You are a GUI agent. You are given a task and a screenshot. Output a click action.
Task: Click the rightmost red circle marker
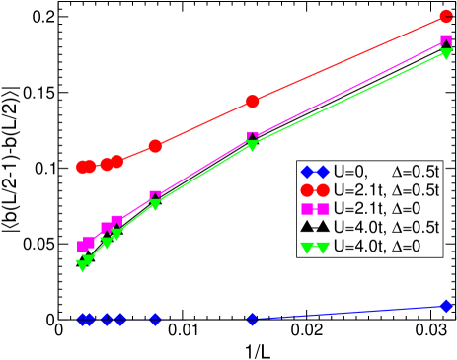446,18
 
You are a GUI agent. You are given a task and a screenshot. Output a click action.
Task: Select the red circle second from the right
253,101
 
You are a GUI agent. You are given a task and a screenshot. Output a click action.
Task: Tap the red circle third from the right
155,146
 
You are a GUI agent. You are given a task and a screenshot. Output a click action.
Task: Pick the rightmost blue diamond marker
446,306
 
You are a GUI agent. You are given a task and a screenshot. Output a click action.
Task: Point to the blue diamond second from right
253,319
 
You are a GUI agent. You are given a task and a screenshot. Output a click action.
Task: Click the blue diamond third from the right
155,320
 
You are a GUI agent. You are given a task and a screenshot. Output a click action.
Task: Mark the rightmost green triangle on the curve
446,53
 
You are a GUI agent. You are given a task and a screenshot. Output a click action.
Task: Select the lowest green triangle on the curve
82,266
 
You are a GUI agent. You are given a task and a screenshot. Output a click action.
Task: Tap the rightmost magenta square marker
446,41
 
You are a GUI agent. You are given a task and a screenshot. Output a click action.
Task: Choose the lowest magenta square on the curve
82,247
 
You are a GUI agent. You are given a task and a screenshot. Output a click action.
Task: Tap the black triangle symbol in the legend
316,227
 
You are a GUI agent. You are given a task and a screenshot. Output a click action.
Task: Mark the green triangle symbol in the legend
316,247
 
